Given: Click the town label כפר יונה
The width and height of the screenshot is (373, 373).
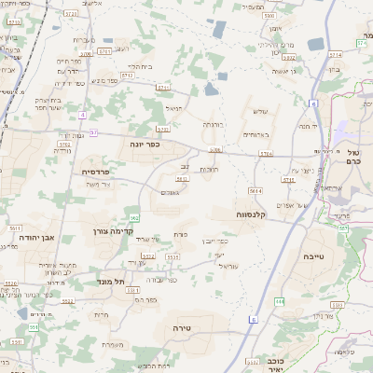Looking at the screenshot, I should [150, 145].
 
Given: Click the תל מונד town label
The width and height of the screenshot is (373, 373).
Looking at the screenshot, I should [111, 281].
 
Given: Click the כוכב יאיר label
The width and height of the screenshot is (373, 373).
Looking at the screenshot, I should [296, 362].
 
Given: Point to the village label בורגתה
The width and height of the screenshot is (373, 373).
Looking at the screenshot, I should [214, 123].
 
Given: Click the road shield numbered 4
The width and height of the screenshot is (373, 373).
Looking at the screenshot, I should [82, 114].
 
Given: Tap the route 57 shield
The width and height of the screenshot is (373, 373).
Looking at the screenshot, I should [93, 132].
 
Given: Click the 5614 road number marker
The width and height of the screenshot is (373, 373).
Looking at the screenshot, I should [256, 189].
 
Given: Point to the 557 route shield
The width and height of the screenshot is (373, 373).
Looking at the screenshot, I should [344, 228].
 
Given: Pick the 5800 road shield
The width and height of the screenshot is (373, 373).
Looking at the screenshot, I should [269, 16].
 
